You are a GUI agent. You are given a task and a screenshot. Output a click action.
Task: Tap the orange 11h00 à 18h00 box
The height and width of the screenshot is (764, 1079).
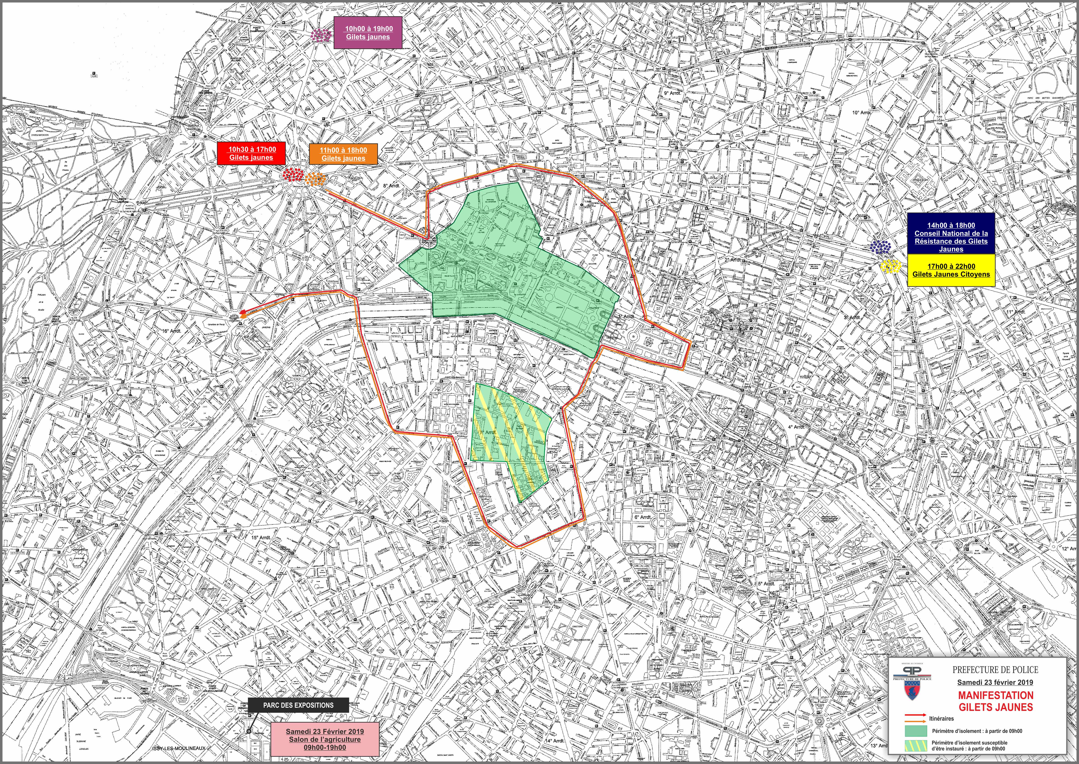tap(343, 154)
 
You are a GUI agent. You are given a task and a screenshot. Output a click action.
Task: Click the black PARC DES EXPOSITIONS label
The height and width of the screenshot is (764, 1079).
tap(298, 705)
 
